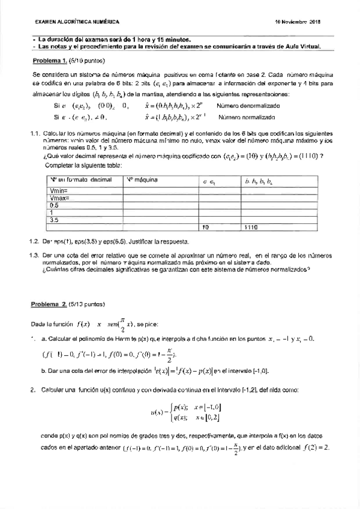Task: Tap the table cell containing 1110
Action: point(251,227)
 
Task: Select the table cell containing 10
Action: point(206,227)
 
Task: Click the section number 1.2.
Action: point(34,242)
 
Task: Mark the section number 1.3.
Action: point(34,255)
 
